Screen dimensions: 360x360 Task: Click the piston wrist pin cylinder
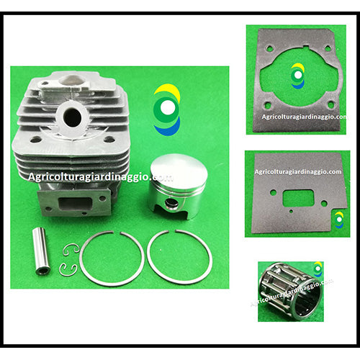[42, 251]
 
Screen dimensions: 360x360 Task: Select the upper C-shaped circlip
[71, 250]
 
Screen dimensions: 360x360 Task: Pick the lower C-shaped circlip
[68, 269]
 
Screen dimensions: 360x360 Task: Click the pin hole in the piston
[171, 204]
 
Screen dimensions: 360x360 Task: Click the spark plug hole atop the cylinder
[71, 81]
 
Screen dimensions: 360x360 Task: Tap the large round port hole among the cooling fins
[72, 117]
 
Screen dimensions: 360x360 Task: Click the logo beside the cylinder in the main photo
[167, 109]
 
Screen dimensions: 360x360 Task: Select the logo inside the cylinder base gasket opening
[297, 76]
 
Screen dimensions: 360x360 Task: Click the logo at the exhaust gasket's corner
[339, 220]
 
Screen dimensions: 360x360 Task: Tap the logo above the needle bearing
[318, 269]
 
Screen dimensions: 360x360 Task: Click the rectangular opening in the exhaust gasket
[299, 198]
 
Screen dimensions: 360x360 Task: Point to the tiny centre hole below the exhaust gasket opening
[291, 211]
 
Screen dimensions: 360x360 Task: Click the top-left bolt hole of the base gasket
[270, 48]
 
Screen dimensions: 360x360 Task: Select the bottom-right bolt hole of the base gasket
[331, 104]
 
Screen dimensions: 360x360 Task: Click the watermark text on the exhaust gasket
[298, 172]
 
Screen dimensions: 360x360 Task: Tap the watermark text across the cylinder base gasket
[304, 117]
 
